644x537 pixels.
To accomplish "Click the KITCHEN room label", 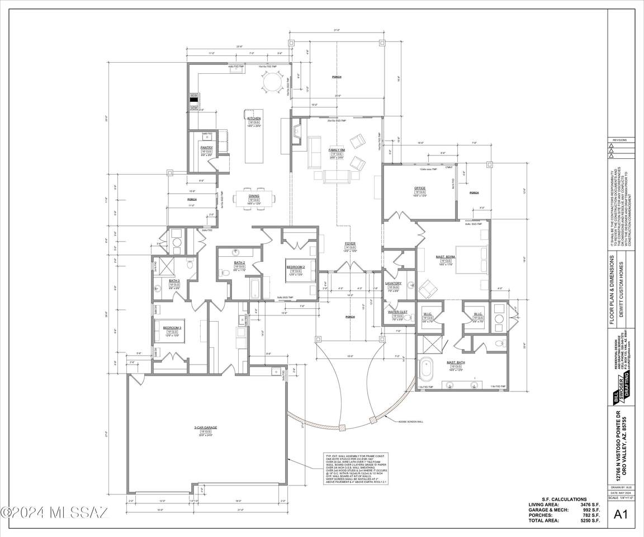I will click(254, 118).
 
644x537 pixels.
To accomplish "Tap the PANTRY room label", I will click(206, 148).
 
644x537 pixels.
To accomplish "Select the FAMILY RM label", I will click(336, 150).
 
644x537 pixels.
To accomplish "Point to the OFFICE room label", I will click(420, 188).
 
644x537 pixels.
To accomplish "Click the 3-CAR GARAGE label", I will click(206, 427).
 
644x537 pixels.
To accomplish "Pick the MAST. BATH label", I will click(454, 362).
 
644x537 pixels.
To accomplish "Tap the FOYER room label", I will click(350, 243).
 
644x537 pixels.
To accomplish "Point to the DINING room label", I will click(254, 196).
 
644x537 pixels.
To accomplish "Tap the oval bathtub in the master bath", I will click(427, 370).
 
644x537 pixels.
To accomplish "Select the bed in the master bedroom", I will click(469, 259).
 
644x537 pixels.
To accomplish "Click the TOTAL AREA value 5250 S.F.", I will click(590, 521).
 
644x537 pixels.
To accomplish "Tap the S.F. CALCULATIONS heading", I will click(564, 499).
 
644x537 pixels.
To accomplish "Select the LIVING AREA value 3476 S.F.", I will click(590, 505).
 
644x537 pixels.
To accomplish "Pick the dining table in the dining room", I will click(254, 198).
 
